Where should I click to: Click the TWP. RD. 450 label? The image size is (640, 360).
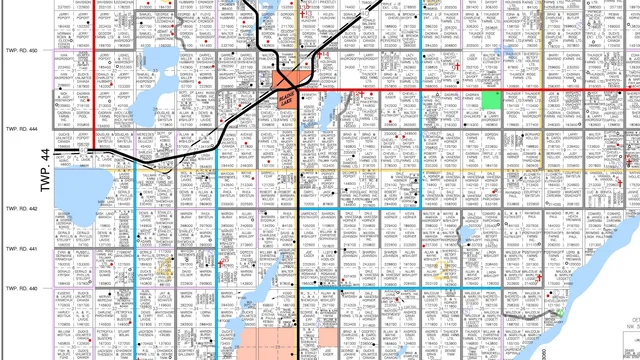[20, 50]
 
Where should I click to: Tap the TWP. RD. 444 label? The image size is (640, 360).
[20, 129]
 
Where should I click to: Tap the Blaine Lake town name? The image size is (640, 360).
[286, 101]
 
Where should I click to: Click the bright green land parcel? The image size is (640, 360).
[491, 99]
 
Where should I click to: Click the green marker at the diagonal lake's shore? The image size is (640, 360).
[559, 313]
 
